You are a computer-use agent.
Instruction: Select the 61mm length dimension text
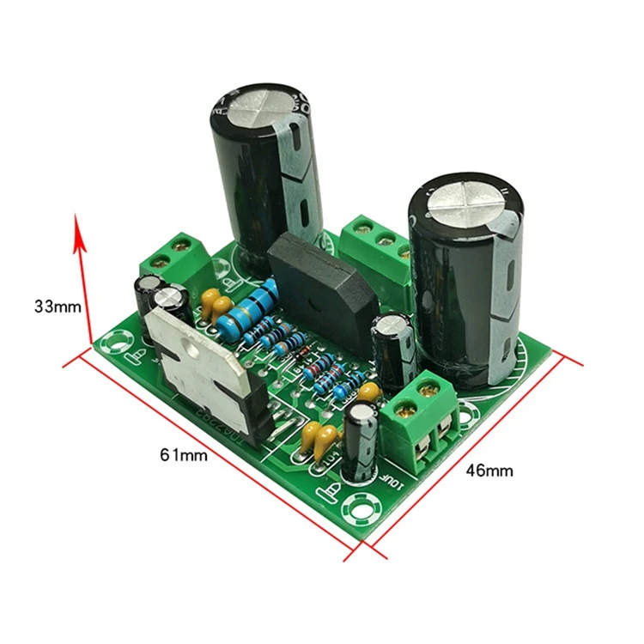coord(183,455)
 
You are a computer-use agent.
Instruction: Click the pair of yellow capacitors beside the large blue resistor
coord(216,301)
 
